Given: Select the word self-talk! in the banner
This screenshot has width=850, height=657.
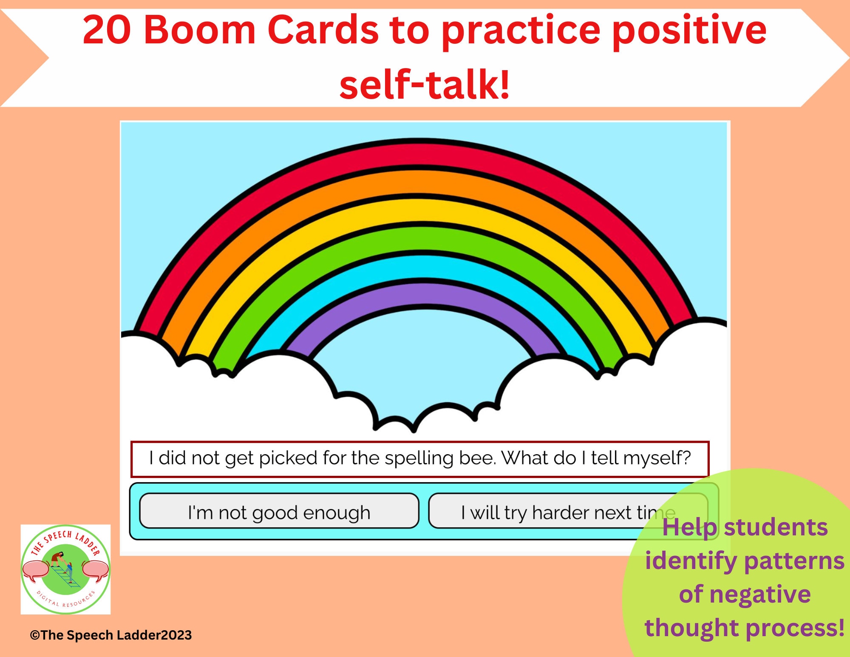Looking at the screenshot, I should (425, 85).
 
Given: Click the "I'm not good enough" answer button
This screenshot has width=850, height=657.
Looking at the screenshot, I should (279, 512).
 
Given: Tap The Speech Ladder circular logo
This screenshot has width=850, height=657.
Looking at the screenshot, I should (65, 569).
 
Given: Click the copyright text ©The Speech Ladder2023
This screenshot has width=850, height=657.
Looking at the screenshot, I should (111, 635).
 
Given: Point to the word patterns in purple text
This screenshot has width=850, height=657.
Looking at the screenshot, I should (794, 561).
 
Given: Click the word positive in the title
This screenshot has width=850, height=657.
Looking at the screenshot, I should (689, 31).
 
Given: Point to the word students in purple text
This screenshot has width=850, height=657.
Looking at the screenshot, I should (776, 528).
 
